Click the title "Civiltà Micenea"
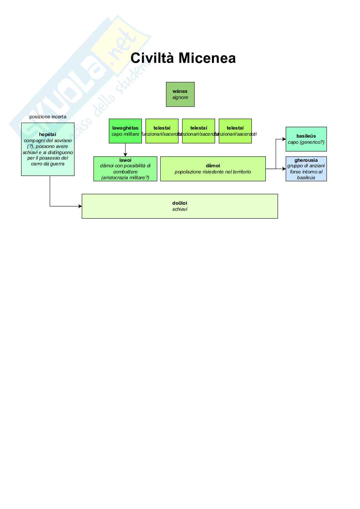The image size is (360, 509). tap(183, 58)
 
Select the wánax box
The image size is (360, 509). tap(180, 94)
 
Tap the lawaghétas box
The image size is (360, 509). tap(125, 131)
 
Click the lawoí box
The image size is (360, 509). tap(125, 169)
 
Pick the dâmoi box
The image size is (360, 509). tap(213, 169)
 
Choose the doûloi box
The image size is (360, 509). tap(180, 206)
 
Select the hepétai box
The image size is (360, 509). tap(48, 149)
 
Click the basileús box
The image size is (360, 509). tap(306, 139)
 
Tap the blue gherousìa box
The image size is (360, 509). tap(306, 169)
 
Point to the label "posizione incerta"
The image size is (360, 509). tap(48, 117)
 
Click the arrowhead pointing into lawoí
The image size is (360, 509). tap(125, 155)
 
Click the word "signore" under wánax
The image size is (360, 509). tap(180, 97)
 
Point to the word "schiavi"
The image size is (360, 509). tap(180, 209)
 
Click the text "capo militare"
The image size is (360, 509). tap(125, 134)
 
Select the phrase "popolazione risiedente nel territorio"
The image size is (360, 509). tap(213, 172)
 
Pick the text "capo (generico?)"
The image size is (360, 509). tap(306, 142)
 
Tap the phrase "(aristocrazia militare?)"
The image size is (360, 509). tap(125, 178)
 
